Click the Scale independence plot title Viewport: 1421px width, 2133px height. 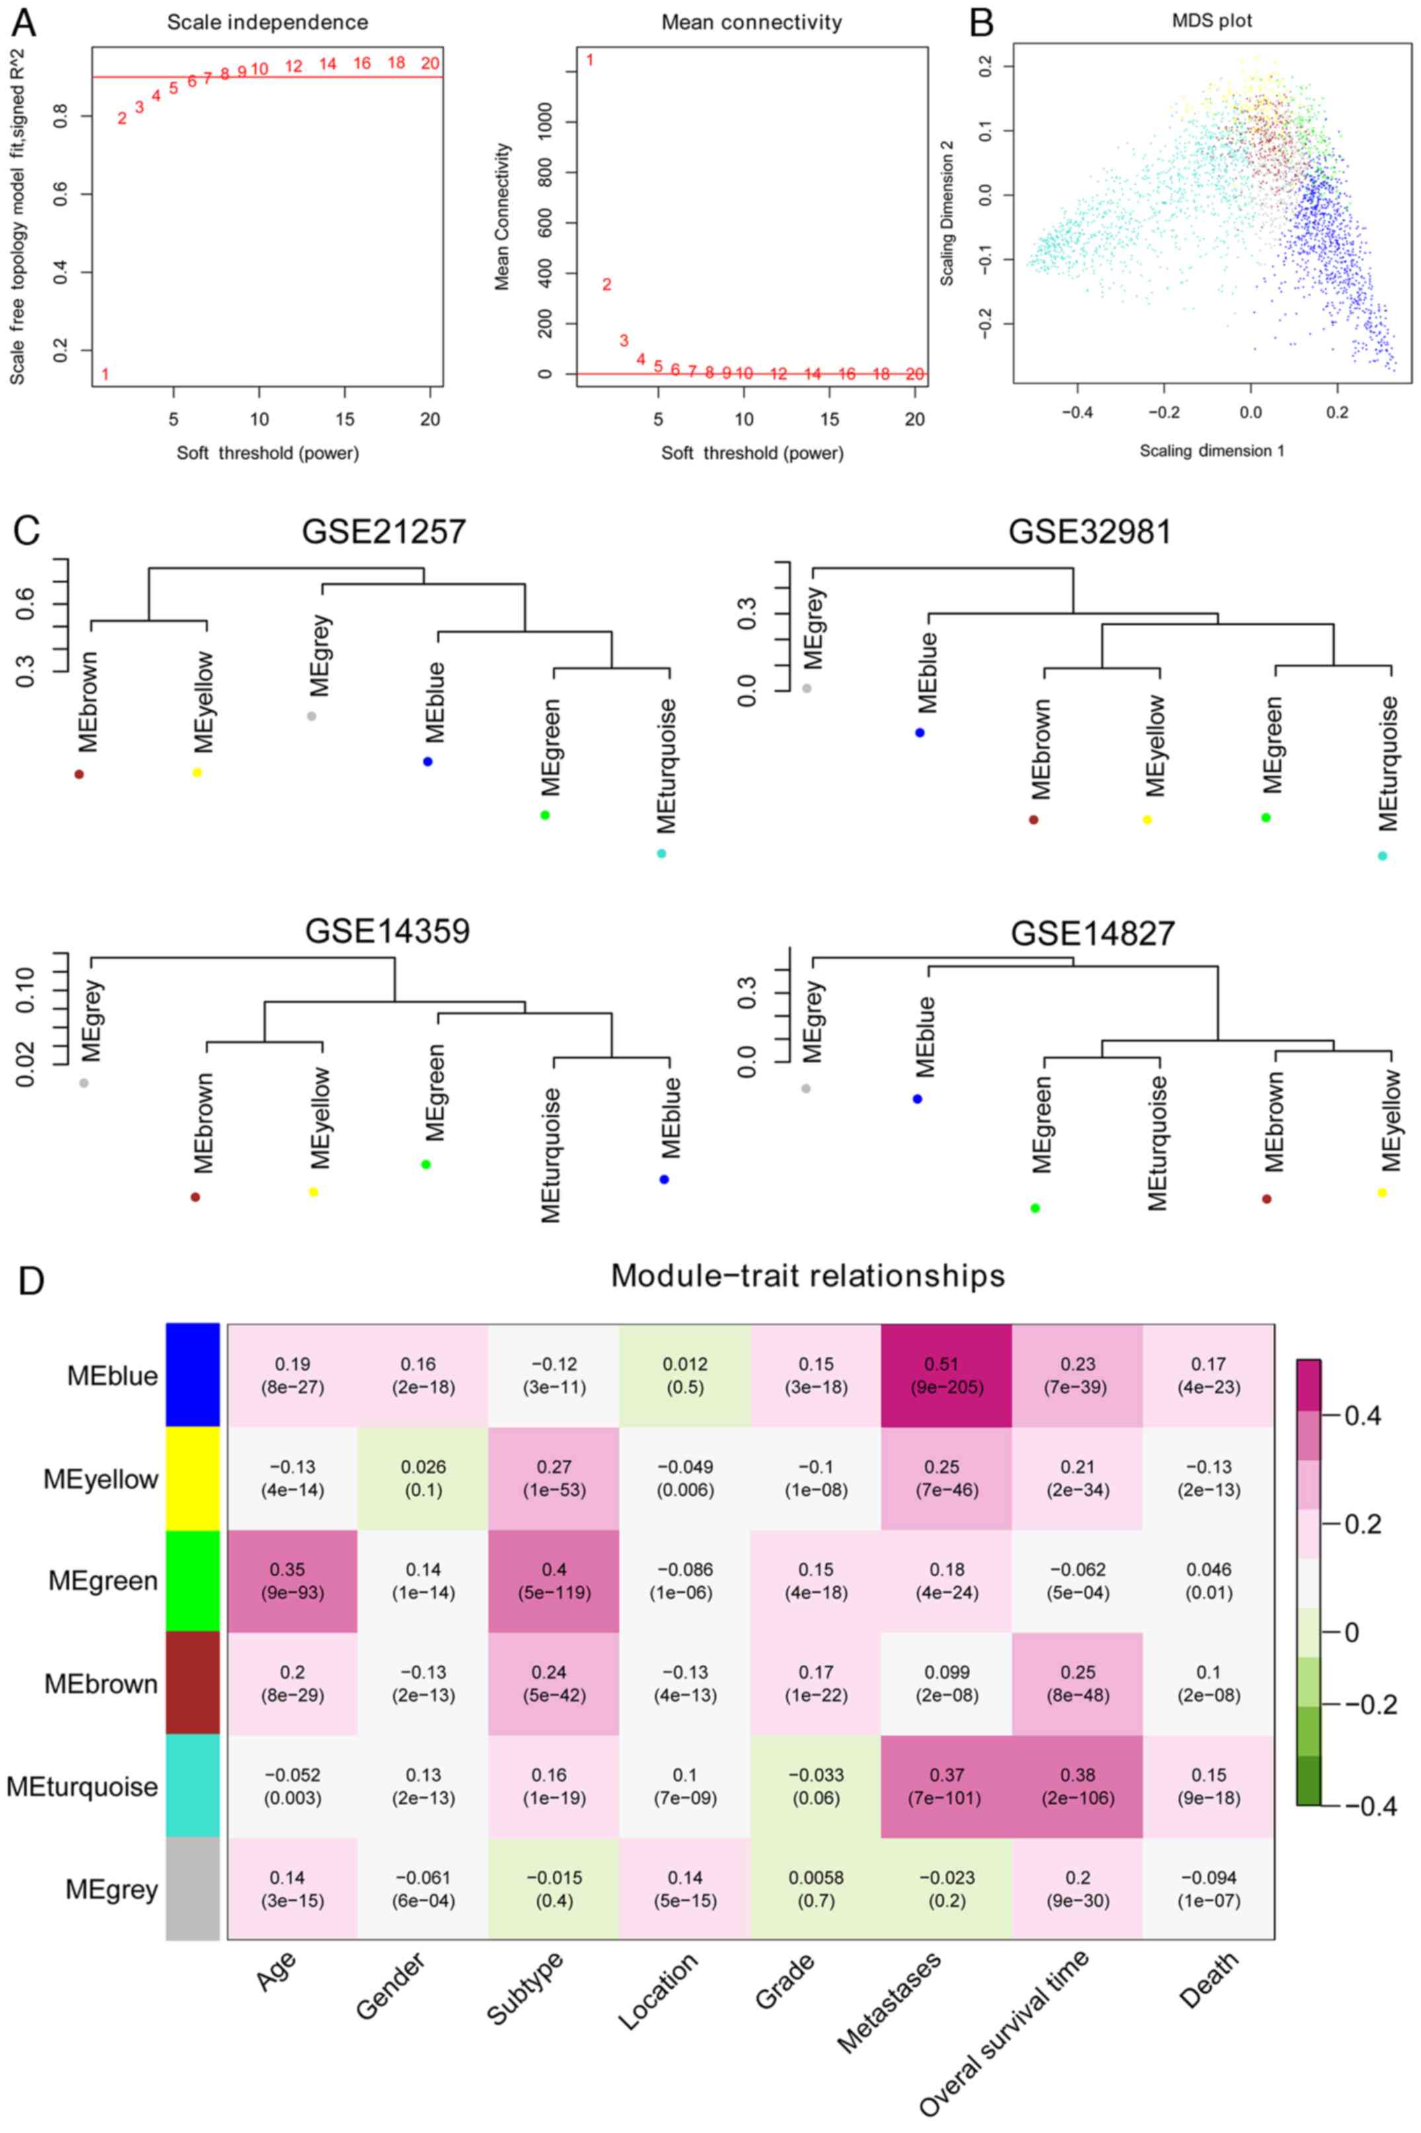[267, 22]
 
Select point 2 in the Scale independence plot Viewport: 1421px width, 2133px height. [122, 118]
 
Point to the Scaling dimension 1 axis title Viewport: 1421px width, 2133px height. [1211, 450]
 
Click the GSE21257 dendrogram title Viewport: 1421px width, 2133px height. [384, 531]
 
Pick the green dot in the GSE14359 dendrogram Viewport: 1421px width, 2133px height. [426, 1164]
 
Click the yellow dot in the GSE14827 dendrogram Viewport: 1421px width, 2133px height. [1382, 1193]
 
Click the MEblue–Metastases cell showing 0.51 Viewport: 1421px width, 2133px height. [946, 1375]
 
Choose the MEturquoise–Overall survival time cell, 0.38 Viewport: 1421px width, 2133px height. [1077, 1786]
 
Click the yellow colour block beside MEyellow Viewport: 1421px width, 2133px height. [193, 1478]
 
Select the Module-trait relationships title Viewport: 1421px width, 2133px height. [808, 1275]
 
